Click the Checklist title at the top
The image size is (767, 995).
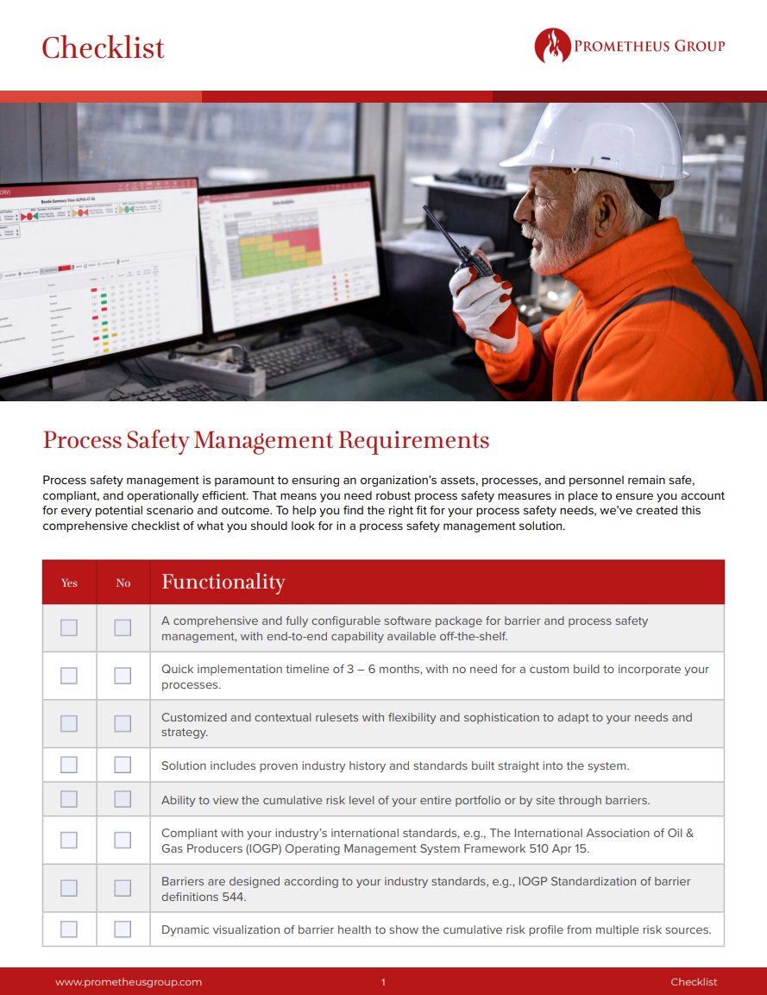tap(103, 47)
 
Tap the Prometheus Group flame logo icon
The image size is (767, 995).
tap(552, 46)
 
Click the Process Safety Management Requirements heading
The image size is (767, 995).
tap(266, 440)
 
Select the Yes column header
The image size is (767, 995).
tap(69, 583)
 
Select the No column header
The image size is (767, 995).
tap(123, 583)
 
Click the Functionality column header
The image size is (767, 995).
tap(223, 583)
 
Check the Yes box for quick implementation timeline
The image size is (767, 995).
tap(69, 676)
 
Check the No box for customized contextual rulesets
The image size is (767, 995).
tap(123, 724)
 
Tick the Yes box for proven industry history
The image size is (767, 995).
tap(69, 765)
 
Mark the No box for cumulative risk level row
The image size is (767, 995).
tap(123, 800)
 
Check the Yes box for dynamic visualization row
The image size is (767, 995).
tap(69, 929)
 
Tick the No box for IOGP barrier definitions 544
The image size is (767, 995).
tap(123, 888)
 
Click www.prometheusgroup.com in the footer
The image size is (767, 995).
tap(129, 982)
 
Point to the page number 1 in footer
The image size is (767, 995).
tap(383, 982)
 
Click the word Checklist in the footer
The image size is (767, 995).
tap(694, 982)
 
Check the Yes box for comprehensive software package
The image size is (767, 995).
tap(69, 627)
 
